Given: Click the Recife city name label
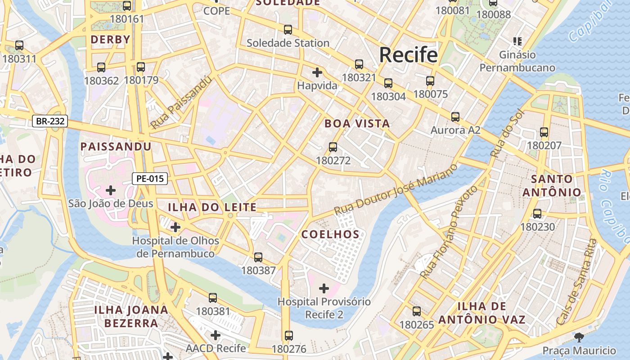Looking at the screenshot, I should point(408,55).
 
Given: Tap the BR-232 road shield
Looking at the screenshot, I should point(50,121).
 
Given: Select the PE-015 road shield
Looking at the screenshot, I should point(150,179).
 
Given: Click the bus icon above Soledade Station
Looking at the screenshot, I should point(288,30).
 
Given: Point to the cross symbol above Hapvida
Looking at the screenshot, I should point(317,72).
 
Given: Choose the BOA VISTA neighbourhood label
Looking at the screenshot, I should point(357,124).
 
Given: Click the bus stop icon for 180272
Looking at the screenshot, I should point(333,147).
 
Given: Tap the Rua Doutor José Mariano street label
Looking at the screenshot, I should point(396,189).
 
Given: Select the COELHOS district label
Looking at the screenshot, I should point(330,234).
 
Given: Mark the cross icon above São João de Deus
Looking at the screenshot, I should point(111,190).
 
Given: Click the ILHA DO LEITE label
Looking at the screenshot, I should point(212,207).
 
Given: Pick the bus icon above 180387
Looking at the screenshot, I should point(258,257).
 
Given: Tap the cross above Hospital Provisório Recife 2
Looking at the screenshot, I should point(324,288).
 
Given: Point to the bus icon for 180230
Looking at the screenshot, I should point(537,214).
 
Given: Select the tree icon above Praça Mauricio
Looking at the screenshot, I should point(579,337).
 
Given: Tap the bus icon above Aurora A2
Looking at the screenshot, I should point(455,117).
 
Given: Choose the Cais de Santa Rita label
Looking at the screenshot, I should point(576,282).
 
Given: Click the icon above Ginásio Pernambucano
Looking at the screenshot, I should point(517,42).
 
